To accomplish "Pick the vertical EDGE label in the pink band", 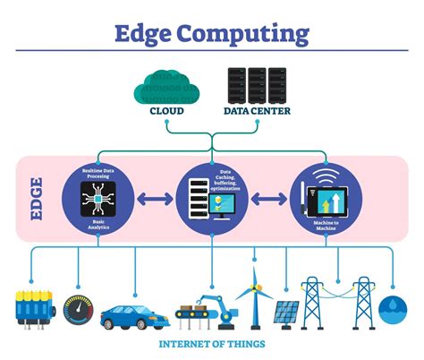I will click(37, 198).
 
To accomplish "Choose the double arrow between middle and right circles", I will click(268, 198).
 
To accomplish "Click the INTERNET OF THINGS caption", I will click(211, 344).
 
